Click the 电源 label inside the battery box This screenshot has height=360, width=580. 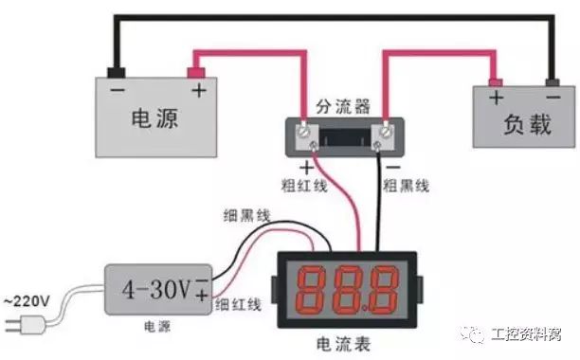(x=154, y=119)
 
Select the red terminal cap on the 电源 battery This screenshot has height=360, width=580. (x=198, y=72)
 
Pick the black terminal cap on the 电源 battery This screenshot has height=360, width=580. (x=117, y=72)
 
